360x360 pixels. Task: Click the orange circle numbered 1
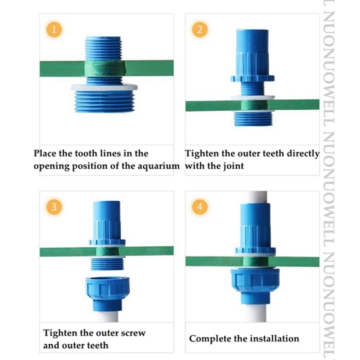tap(54, 30)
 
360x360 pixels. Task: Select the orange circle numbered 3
tap(54, 207)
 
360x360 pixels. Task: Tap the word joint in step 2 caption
tap(233, 166)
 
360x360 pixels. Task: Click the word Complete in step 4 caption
tap(208, 338)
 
